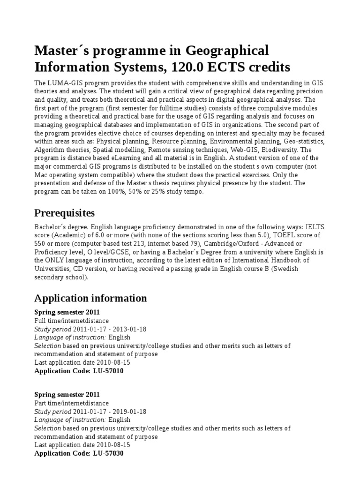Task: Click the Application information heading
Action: pos(90,298)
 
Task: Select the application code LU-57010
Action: pos(108,371)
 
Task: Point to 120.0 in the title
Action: pos(184,67)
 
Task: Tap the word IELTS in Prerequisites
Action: pos(315,227)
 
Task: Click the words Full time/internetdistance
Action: pos(71,320)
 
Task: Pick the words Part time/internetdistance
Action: pos(72,403)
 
